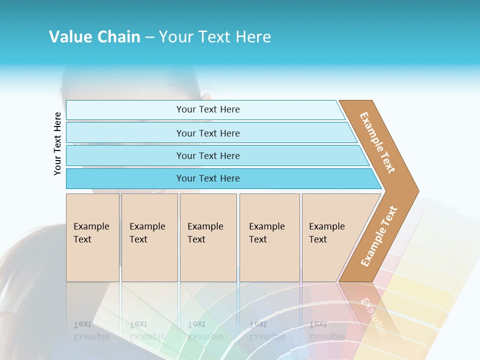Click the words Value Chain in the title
(x=94, y=37)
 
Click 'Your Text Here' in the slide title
(x=215, y=37)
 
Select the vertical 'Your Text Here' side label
(x=57, y=143)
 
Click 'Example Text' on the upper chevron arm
(x=377, y=142)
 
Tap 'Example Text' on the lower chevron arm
(x=379, y=236)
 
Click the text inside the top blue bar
(x=208, y=109)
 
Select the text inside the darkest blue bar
(x=208, y=178)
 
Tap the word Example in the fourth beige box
(x=267, y=226)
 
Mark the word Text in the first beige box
(x=82, y=239)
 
